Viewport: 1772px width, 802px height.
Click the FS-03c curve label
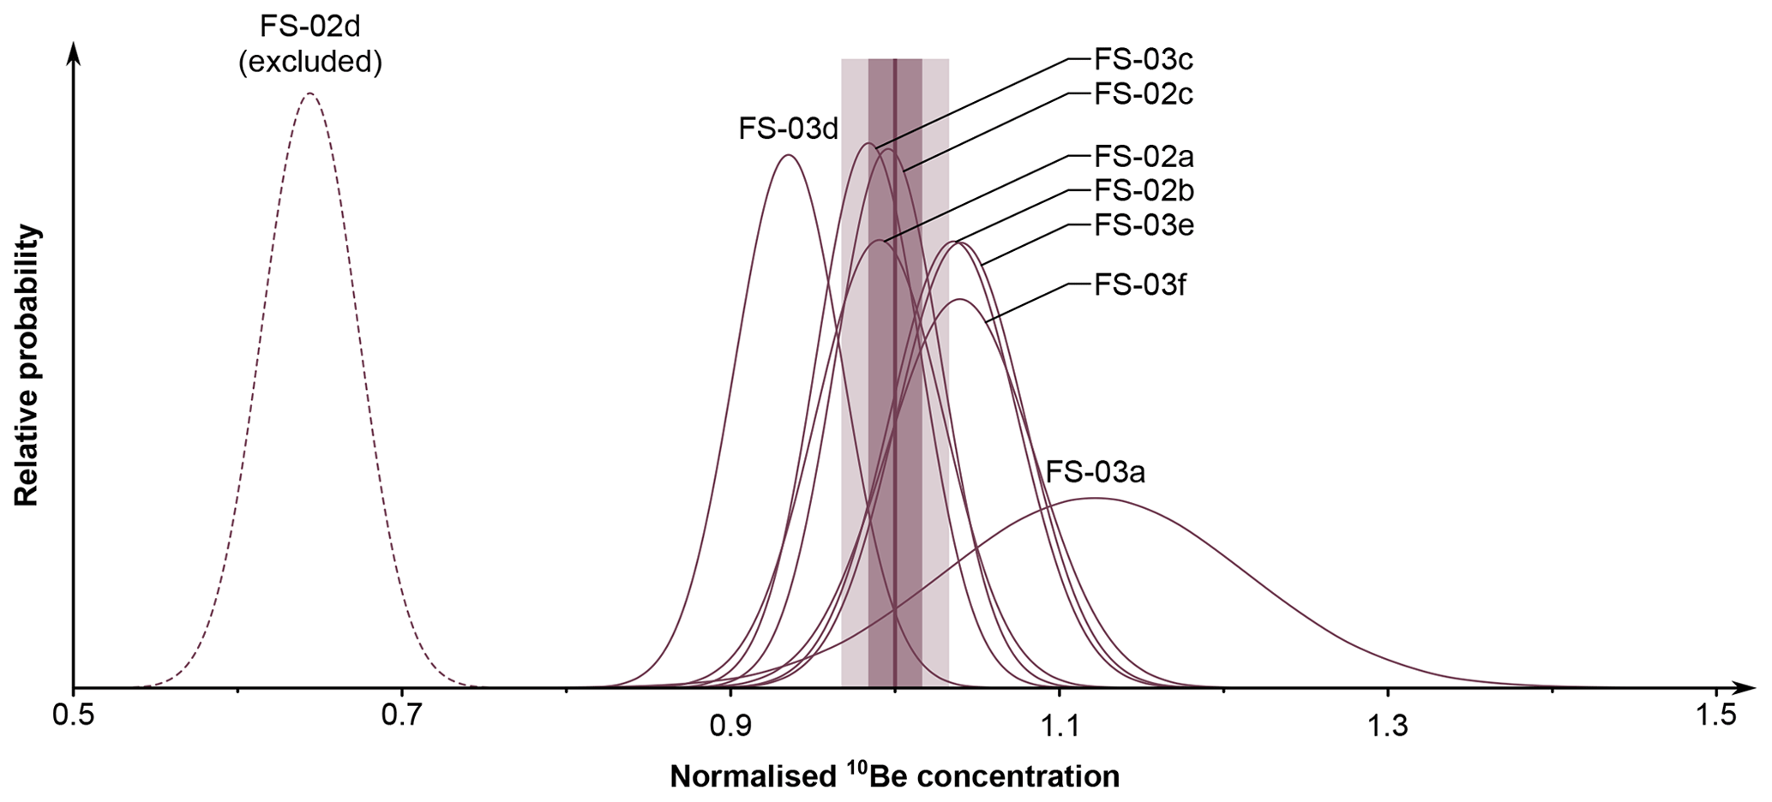1144,60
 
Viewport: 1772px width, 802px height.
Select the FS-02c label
1144,93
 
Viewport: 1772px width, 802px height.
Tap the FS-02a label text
1144,157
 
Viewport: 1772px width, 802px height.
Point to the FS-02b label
1144,190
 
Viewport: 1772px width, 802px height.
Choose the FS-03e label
1144,225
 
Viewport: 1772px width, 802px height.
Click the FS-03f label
1140,284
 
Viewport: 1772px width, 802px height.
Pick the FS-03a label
1096,472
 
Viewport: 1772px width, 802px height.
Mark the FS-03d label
788,129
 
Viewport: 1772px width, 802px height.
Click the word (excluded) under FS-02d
310,62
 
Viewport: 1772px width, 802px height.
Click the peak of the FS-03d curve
788,155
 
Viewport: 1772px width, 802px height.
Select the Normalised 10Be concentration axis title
894,775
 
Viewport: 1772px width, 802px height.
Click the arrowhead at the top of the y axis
74,51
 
